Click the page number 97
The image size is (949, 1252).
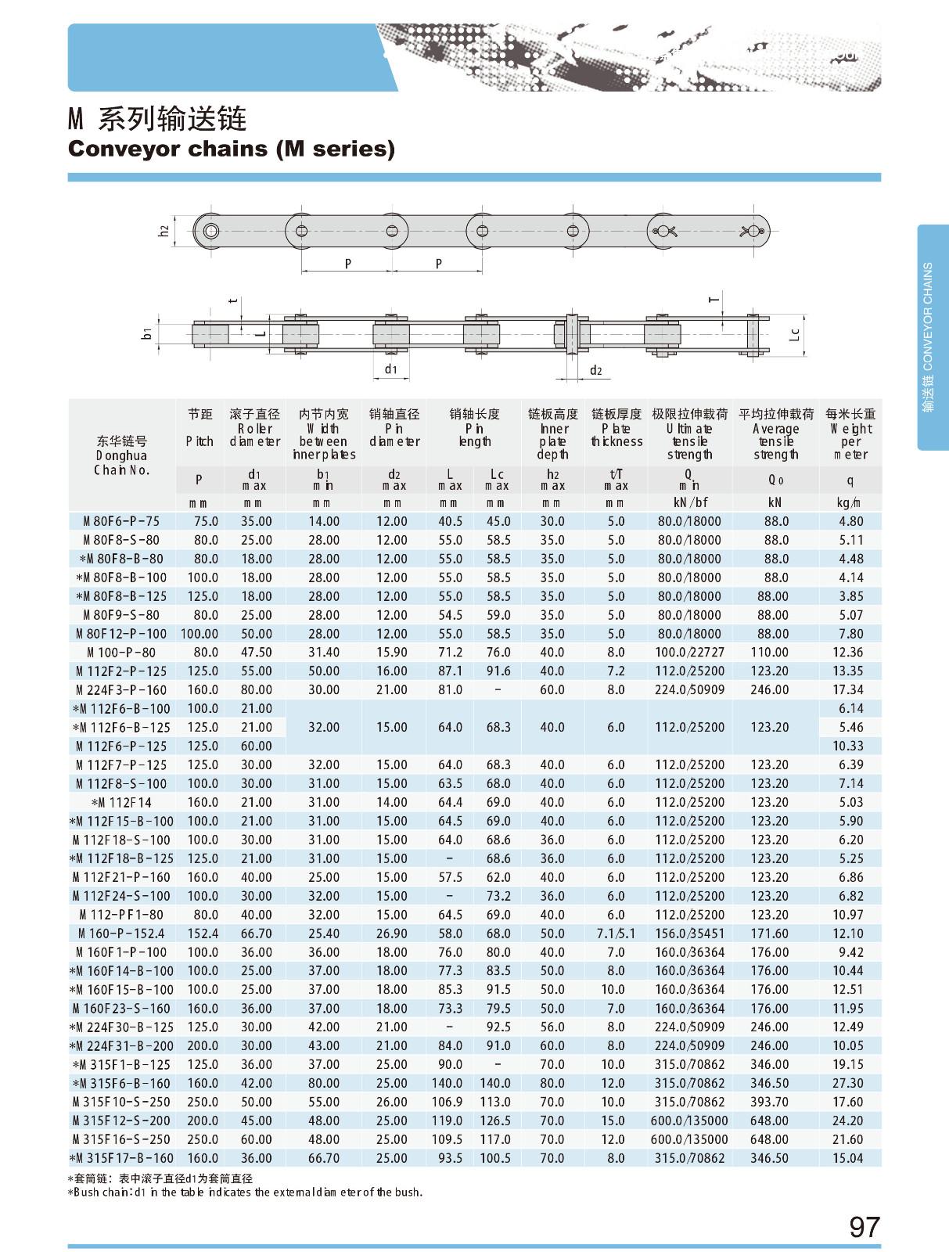tap(864, 1226)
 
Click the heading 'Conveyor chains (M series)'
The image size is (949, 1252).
tap(232, 148)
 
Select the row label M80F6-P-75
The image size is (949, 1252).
tap(121, 521)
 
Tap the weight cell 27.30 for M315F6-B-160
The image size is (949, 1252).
tap(848, 1083)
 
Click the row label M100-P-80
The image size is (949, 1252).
tap(121, 653)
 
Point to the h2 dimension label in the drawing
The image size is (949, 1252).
tap(164, 232)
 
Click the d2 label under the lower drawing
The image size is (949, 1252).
tap(595, 370)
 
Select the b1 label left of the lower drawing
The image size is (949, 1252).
tap(146, 334)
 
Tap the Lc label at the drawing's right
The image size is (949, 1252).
tap(795, 334)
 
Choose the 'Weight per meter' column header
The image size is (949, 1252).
tap(850, 434)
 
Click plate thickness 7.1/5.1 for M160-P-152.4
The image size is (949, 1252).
tap(616, 934)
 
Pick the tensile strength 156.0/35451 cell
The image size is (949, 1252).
tap(690, 934)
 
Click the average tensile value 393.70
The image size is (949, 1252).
tap(769, 1102)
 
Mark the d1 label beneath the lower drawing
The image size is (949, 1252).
tap(390, 369)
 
